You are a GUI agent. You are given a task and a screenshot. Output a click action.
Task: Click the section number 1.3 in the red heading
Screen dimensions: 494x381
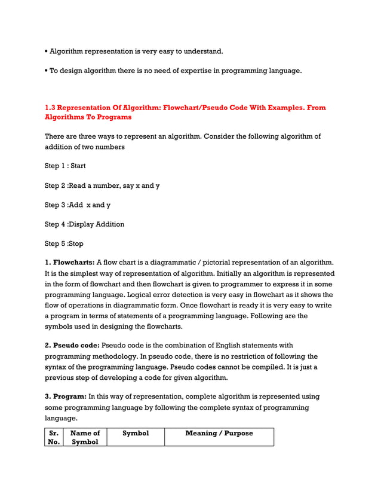click(51, 108)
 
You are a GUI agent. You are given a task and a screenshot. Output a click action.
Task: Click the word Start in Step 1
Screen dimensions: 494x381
click(78, 166)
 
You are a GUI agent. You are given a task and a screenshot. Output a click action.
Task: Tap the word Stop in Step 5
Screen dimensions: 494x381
click(76, 244)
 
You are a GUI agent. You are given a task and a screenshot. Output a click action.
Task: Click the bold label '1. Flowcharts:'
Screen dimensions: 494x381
click(69, 263)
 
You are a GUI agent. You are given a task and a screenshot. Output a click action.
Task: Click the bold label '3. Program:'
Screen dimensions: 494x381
click(66, 397)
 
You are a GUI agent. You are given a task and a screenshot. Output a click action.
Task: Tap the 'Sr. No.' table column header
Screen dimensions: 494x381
click(54, 437)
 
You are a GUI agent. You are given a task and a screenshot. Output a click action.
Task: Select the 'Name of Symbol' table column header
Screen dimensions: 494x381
click(84, 437)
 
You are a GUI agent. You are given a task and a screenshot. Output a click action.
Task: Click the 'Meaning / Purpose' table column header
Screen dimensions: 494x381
click(219, 433)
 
